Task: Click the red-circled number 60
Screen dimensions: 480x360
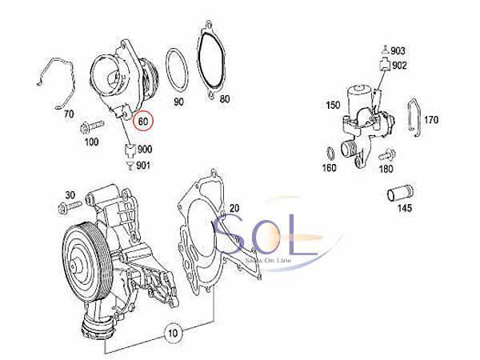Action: click(143, 122)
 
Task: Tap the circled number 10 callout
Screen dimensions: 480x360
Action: click(173, 333)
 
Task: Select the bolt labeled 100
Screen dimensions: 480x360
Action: click(92, 126)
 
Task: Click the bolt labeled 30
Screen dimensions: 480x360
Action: click(70, 206)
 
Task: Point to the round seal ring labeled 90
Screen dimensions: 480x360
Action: click(177, 70)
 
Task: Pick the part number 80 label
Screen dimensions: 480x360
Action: click(224, 99)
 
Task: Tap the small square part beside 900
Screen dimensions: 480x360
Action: click(130, 150)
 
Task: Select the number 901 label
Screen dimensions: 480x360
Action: click(143, 166)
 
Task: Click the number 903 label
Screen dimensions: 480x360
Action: click(398, 51)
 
